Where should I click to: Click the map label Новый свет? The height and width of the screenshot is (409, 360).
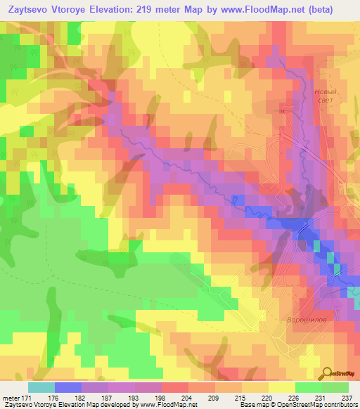(x=324, y=96)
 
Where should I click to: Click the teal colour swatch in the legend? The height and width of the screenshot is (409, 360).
(x=41, y=387)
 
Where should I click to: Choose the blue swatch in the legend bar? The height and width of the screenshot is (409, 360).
(x=68, y=387)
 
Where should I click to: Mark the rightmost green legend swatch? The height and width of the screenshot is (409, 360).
(x=335, y=387)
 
